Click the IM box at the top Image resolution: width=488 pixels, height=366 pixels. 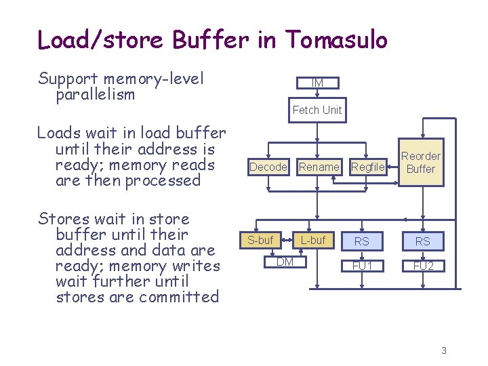coord(317,83)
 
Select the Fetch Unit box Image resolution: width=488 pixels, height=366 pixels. coord(317,110)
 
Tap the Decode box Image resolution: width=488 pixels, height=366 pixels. coord(268,167)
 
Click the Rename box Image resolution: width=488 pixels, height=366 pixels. coord(319,167)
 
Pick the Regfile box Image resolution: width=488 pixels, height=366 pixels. coord(368,167)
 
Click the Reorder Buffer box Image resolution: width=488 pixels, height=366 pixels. coord(420,163)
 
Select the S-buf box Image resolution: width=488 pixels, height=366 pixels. coord(260,240)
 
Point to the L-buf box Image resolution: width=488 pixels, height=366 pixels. coord(312,240)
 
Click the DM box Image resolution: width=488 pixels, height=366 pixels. coord(285,262)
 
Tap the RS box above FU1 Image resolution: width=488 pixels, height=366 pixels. coord(362,241)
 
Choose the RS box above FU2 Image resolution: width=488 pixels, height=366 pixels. coord(423,241)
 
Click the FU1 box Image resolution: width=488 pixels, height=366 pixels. coord(362,266)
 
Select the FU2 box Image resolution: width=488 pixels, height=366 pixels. coord(423,266)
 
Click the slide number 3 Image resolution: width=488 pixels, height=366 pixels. coord(444,350)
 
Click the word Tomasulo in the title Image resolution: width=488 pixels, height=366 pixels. coord(336,40)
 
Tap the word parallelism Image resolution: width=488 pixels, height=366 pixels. coord(96,95)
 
